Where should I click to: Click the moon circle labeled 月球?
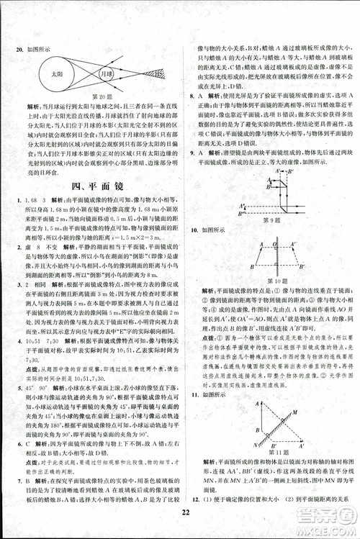(x=107, y=75)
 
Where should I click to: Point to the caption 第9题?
(x=271, y=220)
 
